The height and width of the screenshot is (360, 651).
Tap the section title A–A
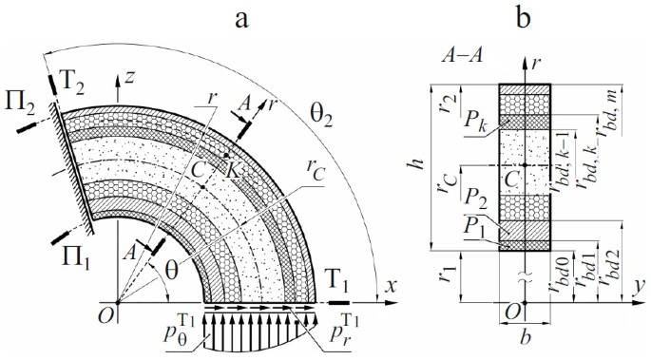[x=459, y=57]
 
